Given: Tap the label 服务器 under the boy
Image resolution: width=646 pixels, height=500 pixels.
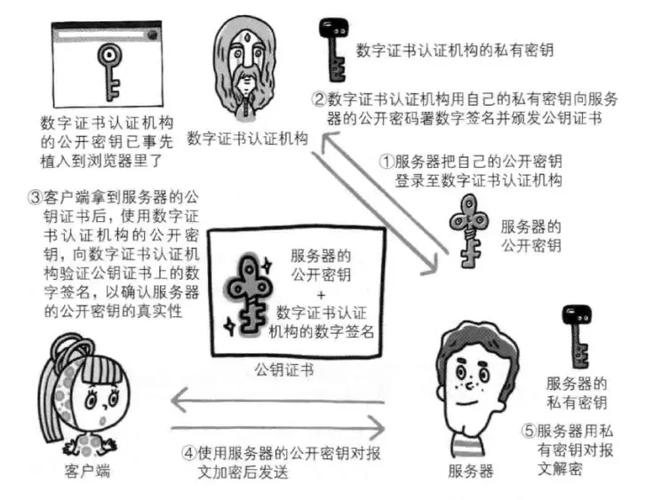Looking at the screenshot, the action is click(x=471, y=471).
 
